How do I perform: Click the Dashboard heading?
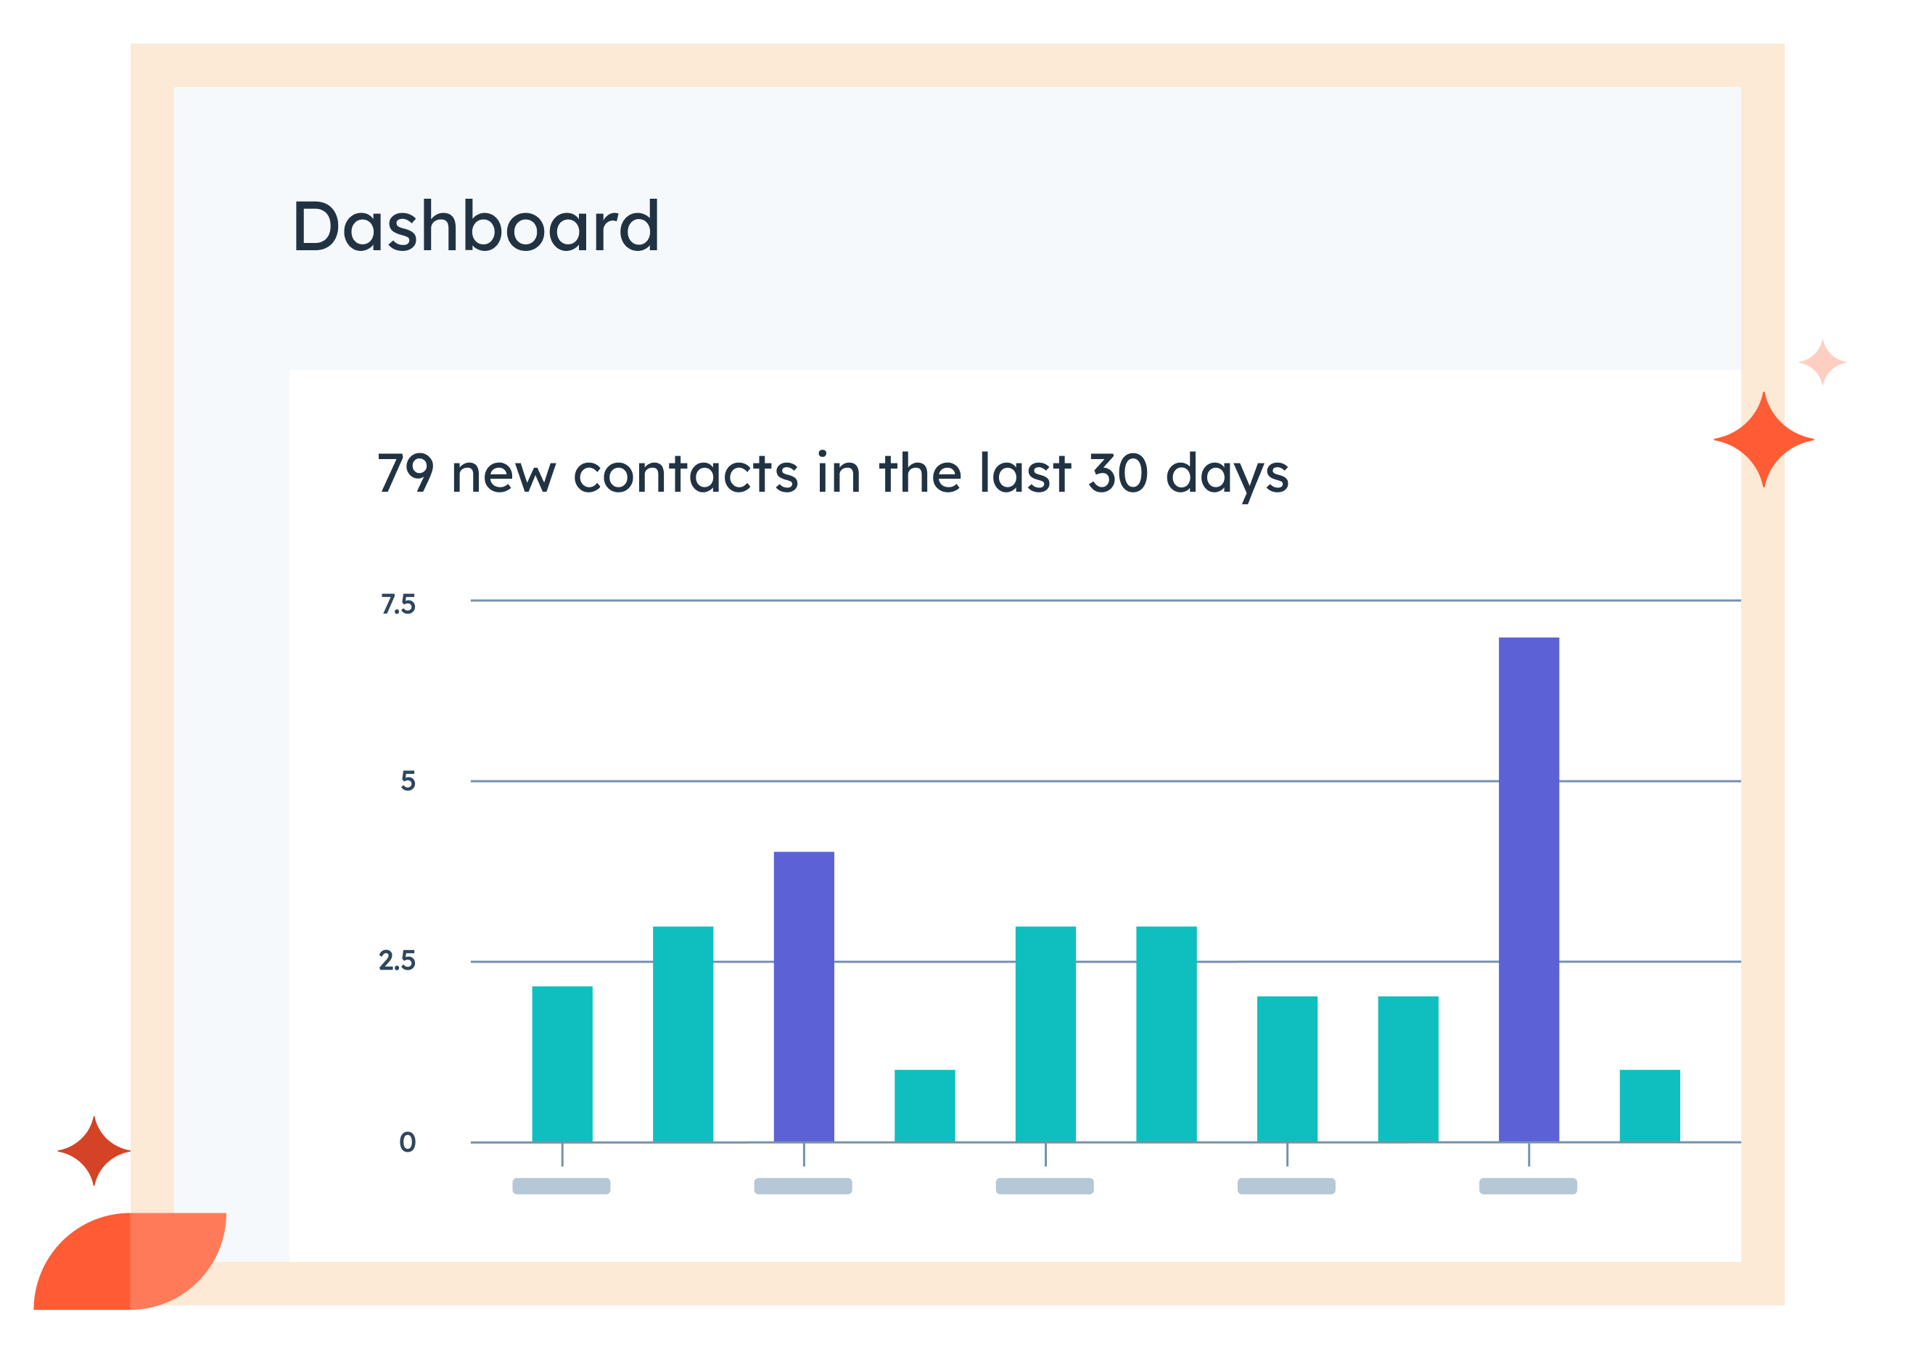[476, 226]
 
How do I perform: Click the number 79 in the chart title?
[406, 473]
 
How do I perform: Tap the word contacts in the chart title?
[686, 473]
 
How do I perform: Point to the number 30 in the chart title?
[1118, 473]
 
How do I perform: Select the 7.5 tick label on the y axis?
[398, 604]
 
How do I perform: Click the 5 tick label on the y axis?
[407, 781]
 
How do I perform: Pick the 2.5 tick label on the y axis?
[398, 961]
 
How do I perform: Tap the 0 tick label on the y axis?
[407, 1142]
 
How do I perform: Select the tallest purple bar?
[1528, 888]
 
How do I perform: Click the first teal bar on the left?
[562, 1064]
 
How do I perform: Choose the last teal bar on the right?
[1649, 1105]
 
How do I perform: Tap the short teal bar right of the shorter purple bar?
[924, 1105]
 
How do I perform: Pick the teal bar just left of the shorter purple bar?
[683, 1034]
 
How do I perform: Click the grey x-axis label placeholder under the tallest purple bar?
[1528, 1186]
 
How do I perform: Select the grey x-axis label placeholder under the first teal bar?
[562, 1186]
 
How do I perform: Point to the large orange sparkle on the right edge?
[1764, 439]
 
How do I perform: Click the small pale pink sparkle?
[1822, 362]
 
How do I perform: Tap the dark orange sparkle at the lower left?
[94, 1150]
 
